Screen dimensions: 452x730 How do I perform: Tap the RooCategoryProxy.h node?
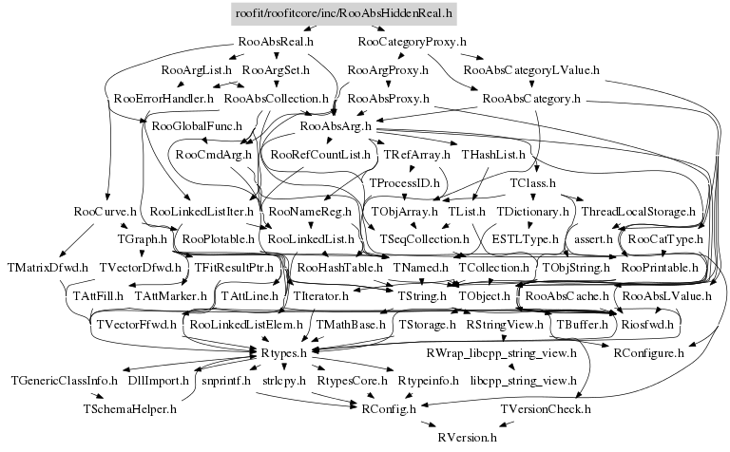pyautogui.click(x=413, y=43)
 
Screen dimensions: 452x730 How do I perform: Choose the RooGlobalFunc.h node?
pyautogui.click(x=197, y=125)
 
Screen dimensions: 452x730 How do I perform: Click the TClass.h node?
pyautogui.click(x=532, y=181)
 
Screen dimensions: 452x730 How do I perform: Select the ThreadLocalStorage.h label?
pyautogui.click(x=638, y=210)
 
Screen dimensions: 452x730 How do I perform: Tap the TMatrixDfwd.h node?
pyautogui.click(x=47, y=268)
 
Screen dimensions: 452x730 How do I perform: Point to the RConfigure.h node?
pyautogui.click(x=649, y=352)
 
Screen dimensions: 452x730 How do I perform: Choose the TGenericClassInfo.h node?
pyautogui.click(x=65, y=381)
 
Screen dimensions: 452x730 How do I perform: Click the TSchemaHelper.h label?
pyautogui.click(x=128, y=409)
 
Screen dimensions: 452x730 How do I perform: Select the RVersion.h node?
pyautogui.click(x=467, y=438)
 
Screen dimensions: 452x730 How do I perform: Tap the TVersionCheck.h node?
pyautogui.click(x=546, y=409)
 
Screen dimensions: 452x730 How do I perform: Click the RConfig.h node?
pyautogui.click(x=388, y=409)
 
